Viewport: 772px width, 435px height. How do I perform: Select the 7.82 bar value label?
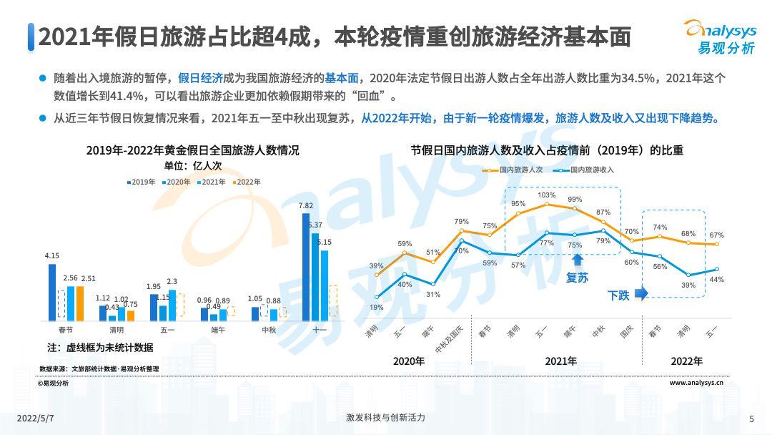tap(305, 206)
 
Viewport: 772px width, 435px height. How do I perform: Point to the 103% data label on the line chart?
tap(546, 195)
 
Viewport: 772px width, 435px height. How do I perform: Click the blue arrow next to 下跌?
tap(640, 293)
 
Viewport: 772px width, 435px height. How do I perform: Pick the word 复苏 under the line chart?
tap(577, 278)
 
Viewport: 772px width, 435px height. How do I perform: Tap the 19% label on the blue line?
tap(376, 308)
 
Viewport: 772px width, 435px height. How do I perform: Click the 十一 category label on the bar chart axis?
tap(319, 330)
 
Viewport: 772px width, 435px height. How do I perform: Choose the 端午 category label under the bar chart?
tap(214, 330)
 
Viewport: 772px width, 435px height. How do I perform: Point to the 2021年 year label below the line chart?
tap(560, 361)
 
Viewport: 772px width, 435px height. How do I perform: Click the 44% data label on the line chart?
tap(716, 279)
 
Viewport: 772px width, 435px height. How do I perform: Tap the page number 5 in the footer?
tap(751, 419)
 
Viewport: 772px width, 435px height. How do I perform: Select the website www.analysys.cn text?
tap(696, 383)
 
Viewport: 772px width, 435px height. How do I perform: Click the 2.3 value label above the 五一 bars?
tap(172, 282)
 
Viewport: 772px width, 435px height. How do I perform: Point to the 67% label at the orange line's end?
tap(716, 235)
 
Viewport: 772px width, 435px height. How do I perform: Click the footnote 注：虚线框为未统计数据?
tap(100, 348)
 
